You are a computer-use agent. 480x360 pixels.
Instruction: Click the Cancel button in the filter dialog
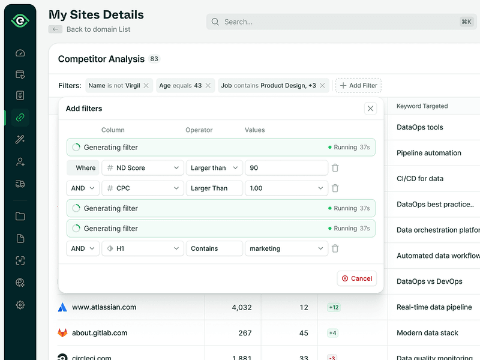pos(357,278)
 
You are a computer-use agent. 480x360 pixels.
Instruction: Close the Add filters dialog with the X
pos(370,109)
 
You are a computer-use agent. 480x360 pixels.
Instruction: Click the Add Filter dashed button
pos(358,86)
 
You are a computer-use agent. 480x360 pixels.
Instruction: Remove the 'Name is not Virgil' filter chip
pos(146,86)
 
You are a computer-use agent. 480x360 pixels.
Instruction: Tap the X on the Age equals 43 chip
pos(208,86)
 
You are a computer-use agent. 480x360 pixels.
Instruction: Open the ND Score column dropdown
pos(142,168)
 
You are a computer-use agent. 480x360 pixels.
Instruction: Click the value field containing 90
pos(286,168)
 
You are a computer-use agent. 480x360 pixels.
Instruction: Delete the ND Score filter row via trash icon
pos(335,168)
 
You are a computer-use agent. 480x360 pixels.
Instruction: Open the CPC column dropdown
pos(142,188)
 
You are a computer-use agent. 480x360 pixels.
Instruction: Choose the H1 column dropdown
pos(142,248)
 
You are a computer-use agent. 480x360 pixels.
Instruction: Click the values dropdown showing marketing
pos(286,248)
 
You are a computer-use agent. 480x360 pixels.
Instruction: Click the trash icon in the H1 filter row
pos(335,248)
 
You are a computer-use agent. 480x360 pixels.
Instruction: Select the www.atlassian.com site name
pos(104,307)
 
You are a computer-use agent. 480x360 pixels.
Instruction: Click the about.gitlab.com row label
pos(100,333)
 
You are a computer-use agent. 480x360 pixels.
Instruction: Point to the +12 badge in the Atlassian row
pos(334,307)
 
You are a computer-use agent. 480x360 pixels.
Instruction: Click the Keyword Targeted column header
pos(422,106)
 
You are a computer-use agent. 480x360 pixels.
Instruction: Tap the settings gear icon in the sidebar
pos(20,305)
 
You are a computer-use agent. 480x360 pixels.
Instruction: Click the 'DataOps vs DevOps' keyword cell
pos(429,281)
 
